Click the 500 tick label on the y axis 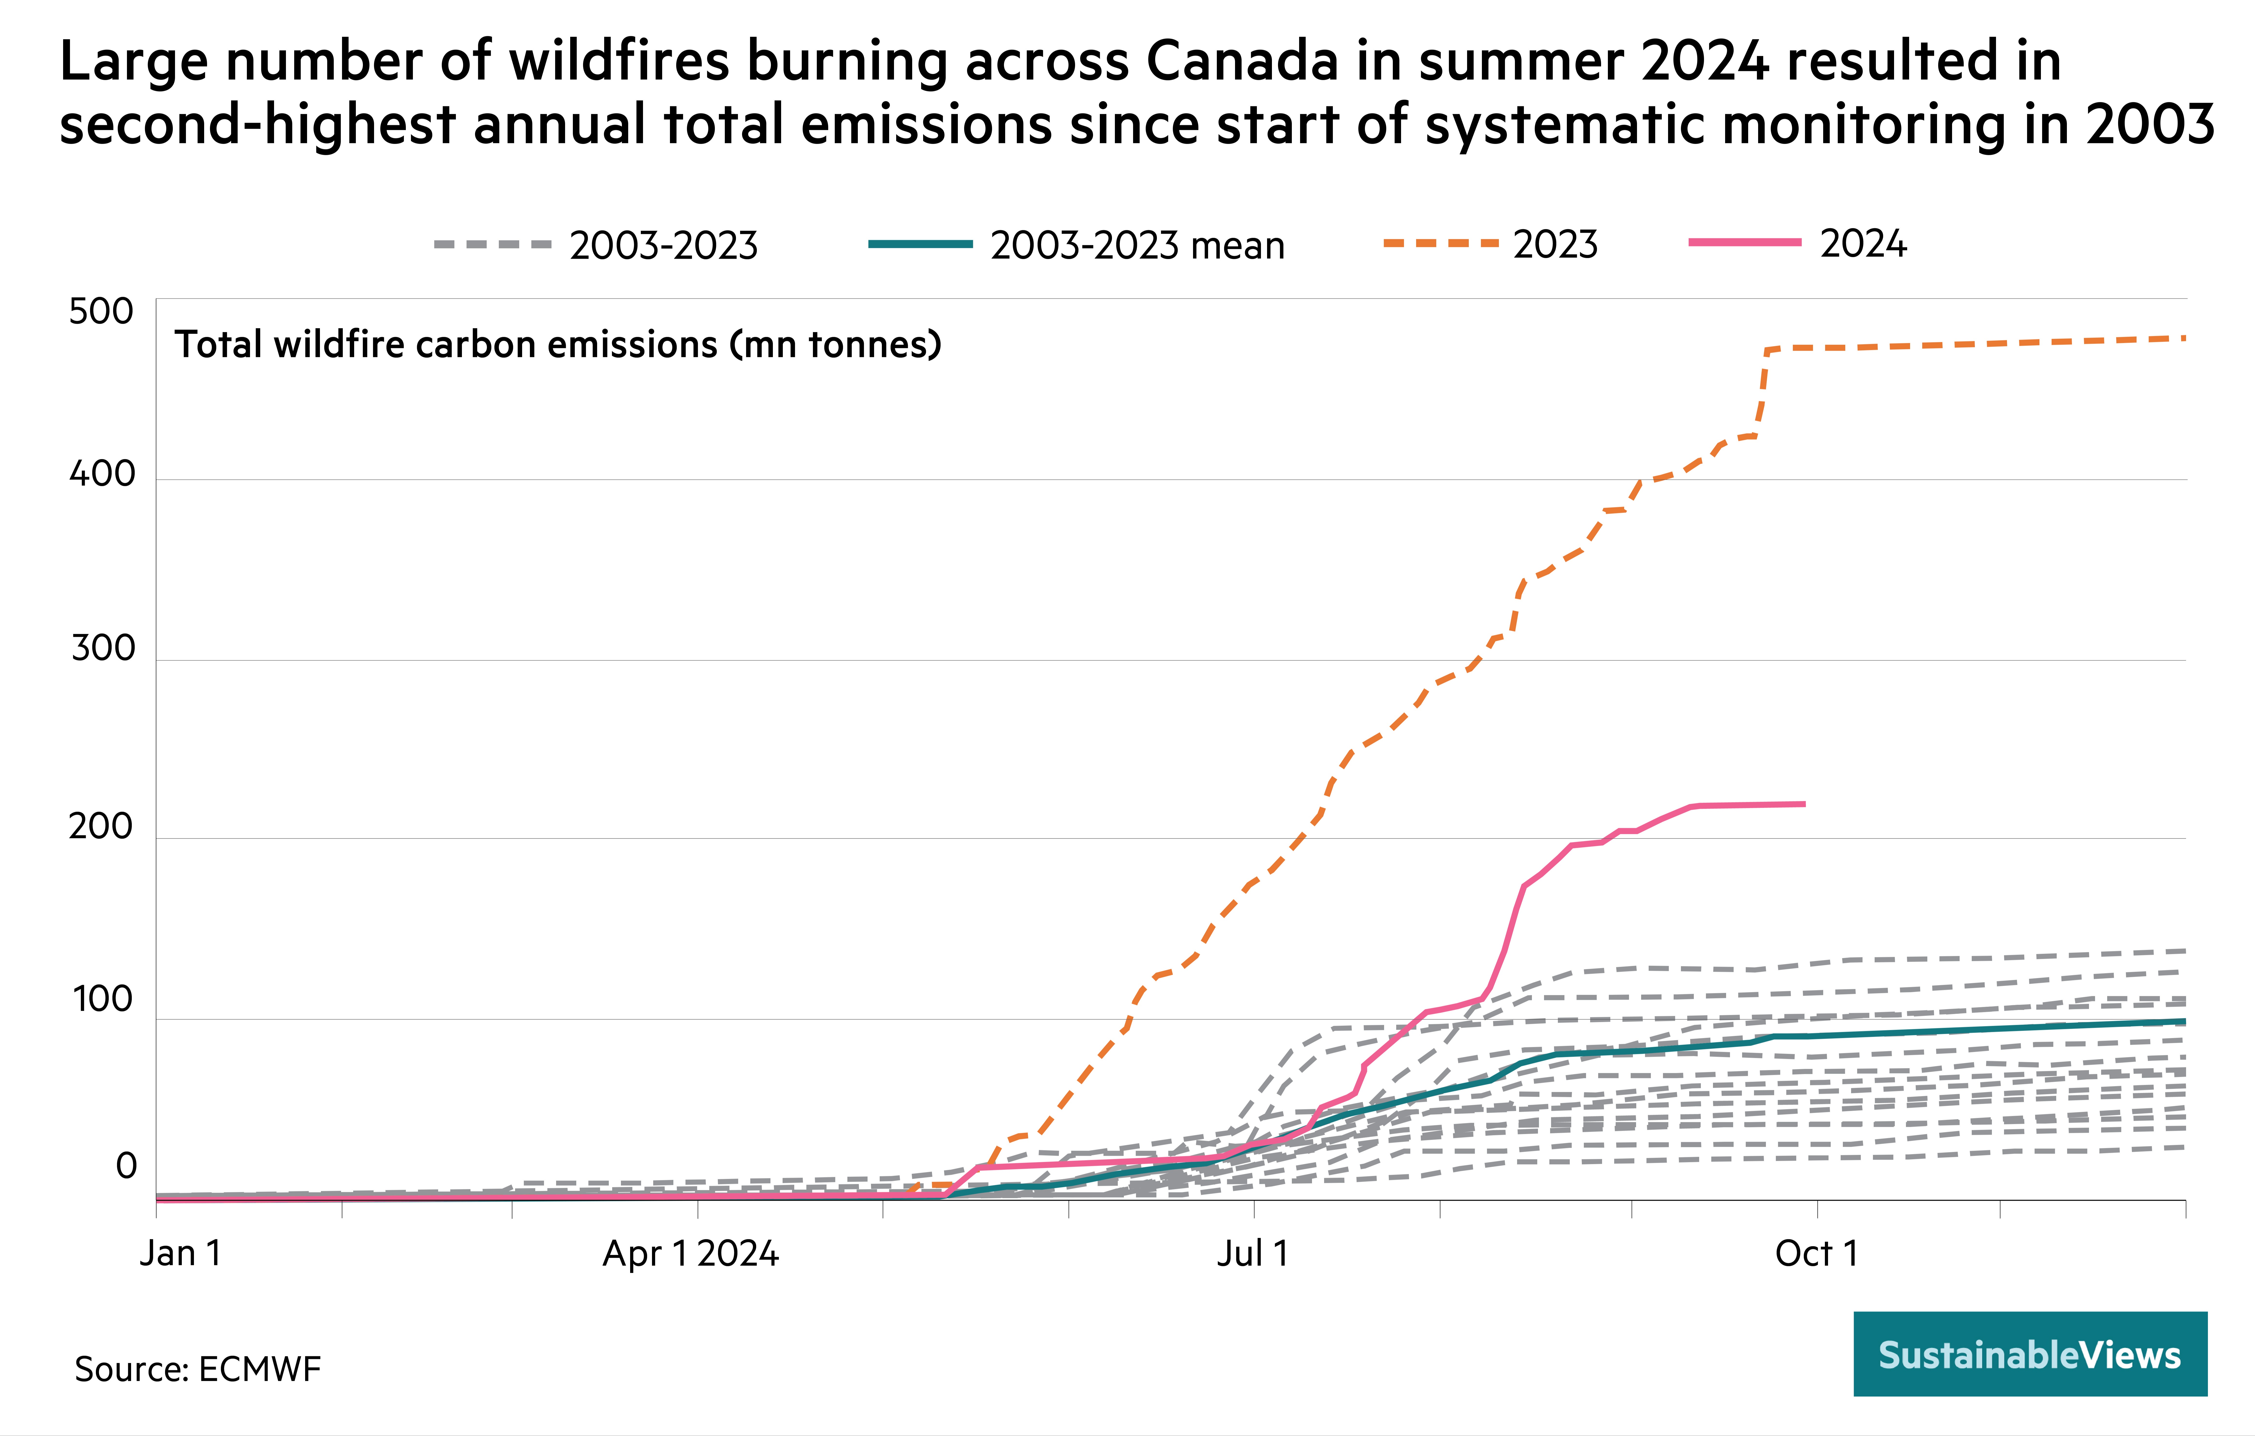[101, 312]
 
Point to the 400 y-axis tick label [102, 475]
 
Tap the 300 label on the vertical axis [103, 648]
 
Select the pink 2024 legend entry [1798, 244]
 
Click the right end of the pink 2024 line [1804, 804]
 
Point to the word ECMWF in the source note [259, 1369]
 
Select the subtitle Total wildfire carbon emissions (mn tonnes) [558, 345]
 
